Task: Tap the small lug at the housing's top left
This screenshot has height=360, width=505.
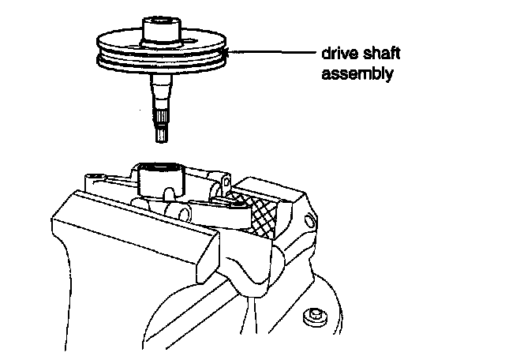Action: pyautogui.click(x=92, y=174)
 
